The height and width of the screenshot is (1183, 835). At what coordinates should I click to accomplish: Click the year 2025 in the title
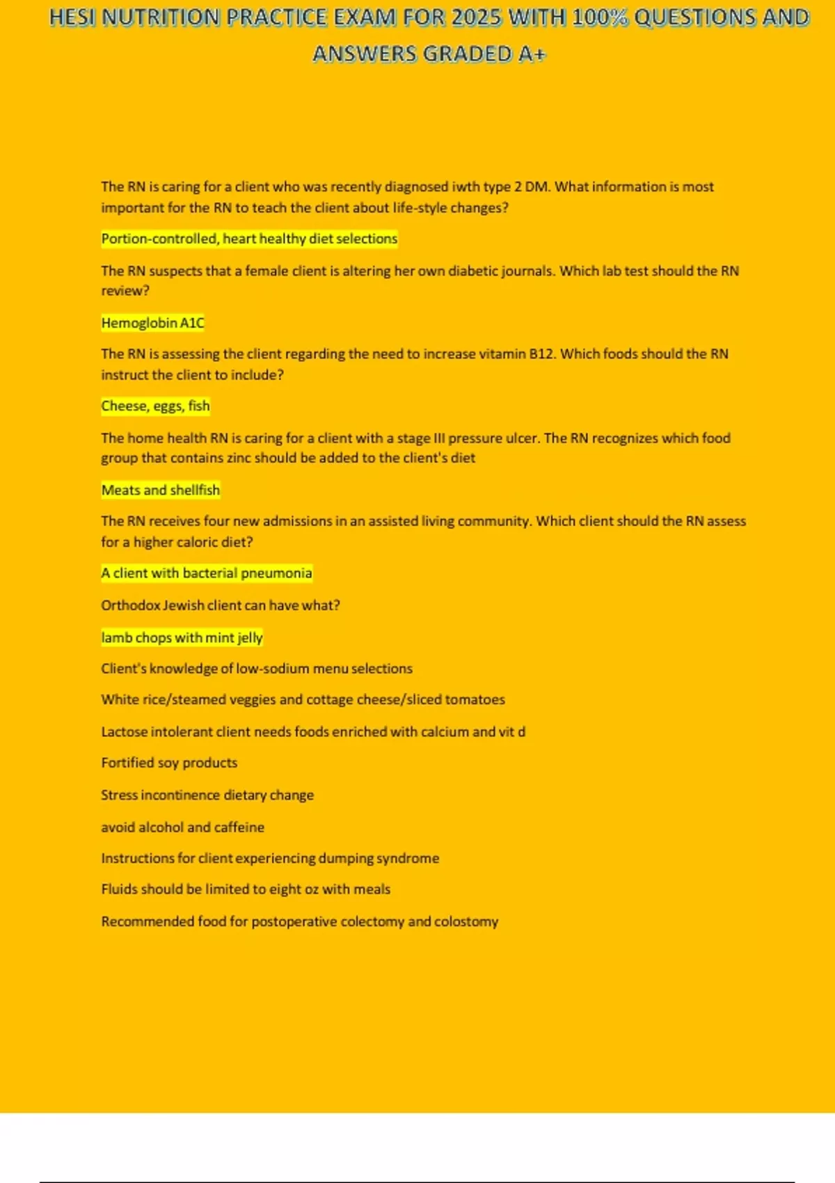coord(477,17)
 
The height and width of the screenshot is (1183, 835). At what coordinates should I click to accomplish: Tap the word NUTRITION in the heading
coord(161,17)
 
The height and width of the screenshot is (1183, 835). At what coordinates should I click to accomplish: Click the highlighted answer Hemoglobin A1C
coord(152,323)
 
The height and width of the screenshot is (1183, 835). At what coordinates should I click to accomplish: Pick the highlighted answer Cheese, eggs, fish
coord(155,406)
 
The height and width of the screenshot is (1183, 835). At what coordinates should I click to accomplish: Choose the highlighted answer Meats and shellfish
coord(160,490)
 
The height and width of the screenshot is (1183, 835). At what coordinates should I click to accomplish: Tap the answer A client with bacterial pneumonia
coord(207,573)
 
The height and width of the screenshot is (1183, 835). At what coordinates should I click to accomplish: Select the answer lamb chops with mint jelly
coord(182,637)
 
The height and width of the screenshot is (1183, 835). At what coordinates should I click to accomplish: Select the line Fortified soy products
coord(169,763)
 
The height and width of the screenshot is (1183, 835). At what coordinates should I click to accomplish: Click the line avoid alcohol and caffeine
coord(182,827)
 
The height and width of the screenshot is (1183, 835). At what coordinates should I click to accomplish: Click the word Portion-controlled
coord(159,239)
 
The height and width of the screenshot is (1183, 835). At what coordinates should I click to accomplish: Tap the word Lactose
coord(124,731)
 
